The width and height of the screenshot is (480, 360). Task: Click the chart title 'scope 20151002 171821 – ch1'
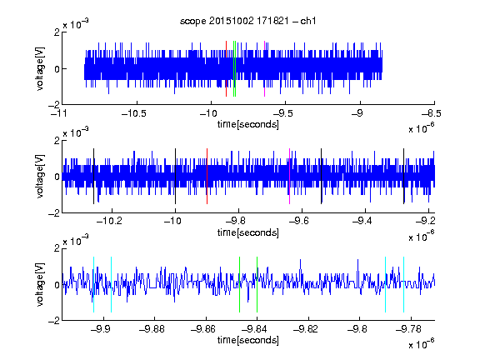[247, 21]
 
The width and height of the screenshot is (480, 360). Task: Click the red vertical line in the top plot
[226, 68]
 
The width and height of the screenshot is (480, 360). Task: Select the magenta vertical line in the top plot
[264, 68]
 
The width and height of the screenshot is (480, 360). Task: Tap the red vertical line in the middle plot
[207, 177]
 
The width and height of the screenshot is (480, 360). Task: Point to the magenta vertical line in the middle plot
[289, 177]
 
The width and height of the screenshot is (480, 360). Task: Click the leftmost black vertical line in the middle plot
[93, 177]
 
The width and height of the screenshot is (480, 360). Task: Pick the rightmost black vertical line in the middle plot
[404, 177]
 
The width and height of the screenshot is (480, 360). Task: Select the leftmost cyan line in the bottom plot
[93, 285]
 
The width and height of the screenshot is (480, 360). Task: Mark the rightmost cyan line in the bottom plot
[404, 285]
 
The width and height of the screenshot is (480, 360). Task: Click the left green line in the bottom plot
[239, 285]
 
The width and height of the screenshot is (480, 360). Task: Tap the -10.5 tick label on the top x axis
[134, 113]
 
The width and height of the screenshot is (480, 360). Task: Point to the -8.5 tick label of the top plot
[432, 113]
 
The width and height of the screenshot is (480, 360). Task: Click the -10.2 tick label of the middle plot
[109, 221]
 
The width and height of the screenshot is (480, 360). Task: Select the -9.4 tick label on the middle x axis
[362, 221]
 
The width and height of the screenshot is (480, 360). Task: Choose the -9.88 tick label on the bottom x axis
[152, 329]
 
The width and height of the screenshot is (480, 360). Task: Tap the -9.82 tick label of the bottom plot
[306, 329]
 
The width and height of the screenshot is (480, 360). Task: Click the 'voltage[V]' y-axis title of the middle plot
[40, 177]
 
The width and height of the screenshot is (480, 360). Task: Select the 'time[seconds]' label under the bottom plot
[248, 340]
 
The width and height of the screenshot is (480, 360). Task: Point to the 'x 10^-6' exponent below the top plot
[422, 127]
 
